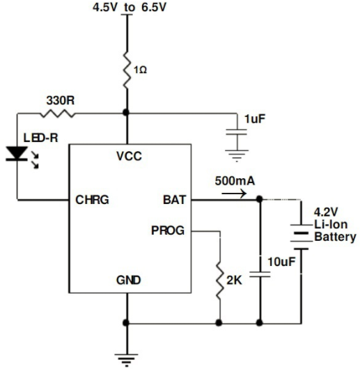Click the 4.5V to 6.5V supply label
130,7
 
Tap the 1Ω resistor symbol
127,70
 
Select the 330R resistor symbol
57,114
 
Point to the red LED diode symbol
17,154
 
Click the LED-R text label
40,138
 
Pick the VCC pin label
130,156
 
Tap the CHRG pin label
92,200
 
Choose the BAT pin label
175,200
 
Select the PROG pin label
168,230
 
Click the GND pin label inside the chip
128,280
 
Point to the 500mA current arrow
234,194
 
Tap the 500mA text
235,181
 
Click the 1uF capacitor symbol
237,132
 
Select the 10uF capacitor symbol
260,274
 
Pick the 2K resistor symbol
220,281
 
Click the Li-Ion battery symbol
301,237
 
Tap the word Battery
336,237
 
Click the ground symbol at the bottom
127,360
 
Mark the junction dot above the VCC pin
126,113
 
